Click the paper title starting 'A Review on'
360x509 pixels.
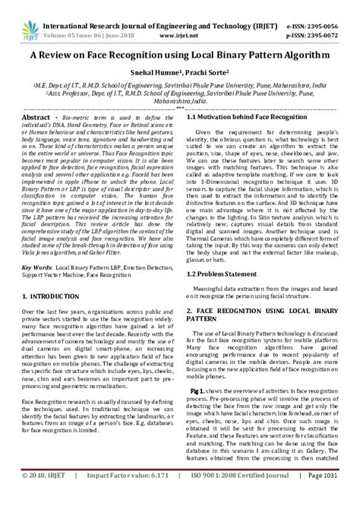179,55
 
